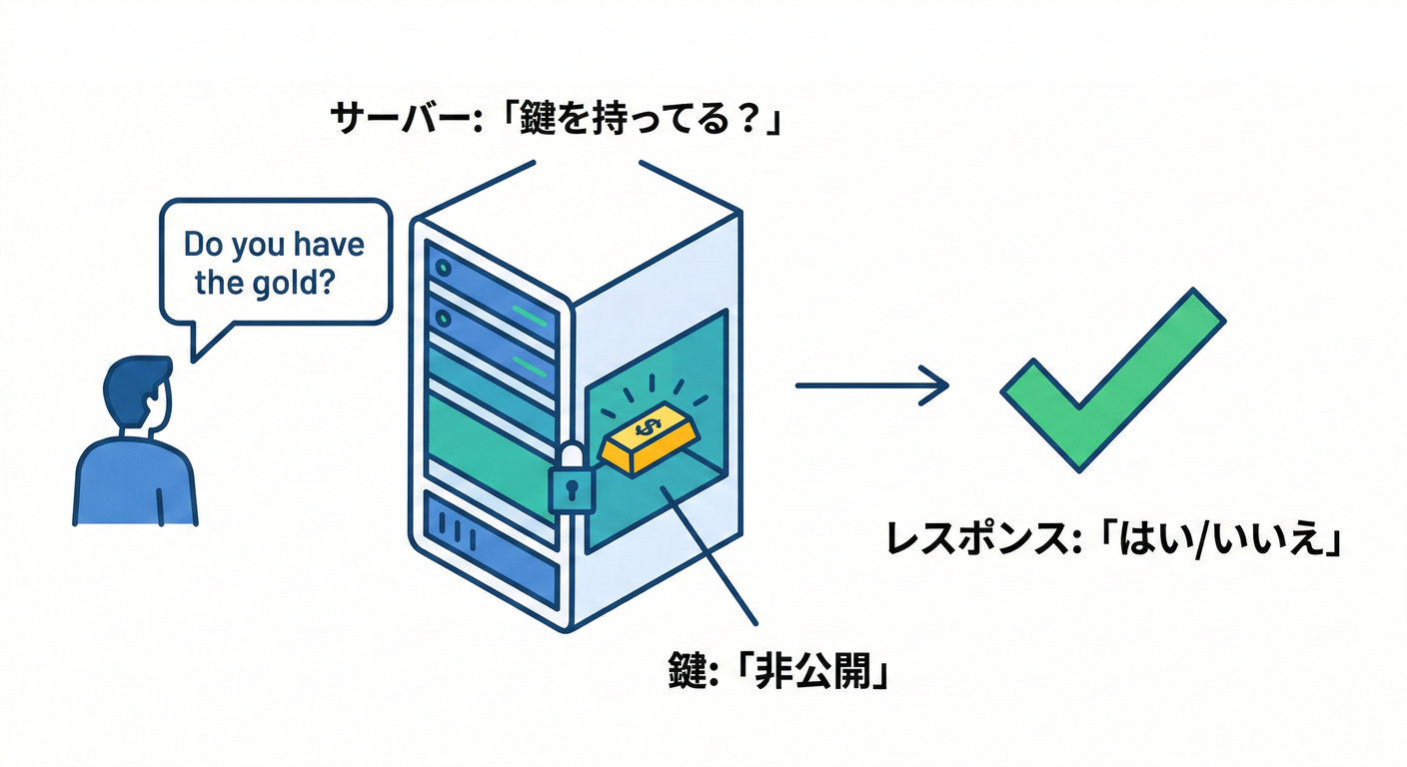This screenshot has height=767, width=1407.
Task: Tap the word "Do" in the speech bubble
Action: click(x=205, y=245)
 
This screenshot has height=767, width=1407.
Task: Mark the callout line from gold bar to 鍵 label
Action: click(x=709, y=549)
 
